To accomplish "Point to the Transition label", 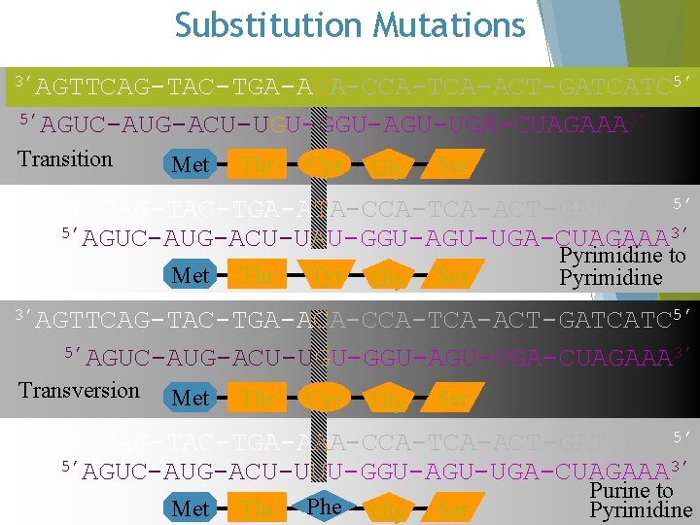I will (65, 158).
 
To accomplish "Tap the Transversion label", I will (79, 390).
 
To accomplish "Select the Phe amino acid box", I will (324, 507).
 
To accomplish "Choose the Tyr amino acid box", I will (324, 276).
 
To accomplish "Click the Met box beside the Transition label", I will (190, 164).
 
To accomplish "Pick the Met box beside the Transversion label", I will (190, 397).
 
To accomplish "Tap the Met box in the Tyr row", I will (190, 276).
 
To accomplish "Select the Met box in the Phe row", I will (190, 507).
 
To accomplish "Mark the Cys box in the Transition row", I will (324, 164).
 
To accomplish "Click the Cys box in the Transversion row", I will (324, 397).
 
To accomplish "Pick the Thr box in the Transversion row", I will (258, 397).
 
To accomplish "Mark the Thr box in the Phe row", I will (258, 507).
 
